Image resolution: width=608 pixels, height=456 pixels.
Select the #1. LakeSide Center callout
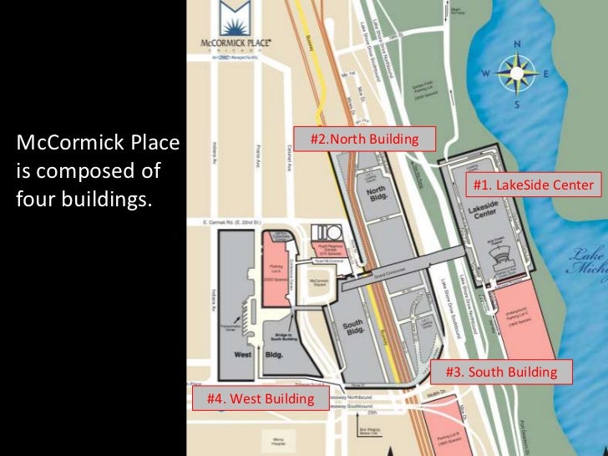(531, 185)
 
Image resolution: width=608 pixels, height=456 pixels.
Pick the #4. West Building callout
(254, 398)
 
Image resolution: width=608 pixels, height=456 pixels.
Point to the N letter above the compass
(518, 44)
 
